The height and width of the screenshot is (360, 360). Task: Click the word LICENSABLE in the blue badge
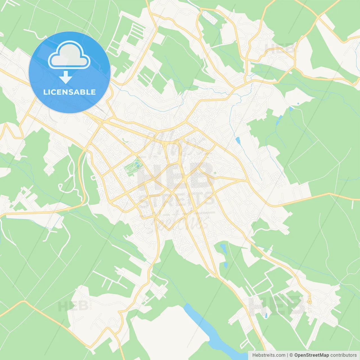click(x=69, y=92)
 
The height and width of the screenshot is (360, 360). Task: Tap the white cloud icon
click(x=69, y=55)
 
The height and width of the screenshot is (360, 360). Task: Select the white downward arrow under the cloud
click(x=66, y=77)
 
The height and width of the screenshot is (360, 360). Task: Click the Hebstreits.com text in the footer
click(x=269, y=355)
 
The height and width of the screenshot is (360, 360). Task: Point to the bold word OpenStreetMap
click(x=311, y=355)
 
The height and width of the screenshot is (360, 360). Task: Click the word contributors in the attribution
click(x=343, y=355)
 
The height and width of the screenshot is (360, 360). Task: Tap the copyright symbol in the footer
click(x=291, y=355)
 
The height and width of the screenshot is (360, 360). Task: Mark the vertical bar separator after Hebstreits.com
click(x=287, y=355)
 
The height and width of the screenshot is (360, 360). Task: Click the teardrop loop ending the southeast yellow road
click(x=309, y=301)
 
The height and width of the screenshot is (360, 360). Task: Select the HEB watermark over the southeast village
click(x=277, y=305)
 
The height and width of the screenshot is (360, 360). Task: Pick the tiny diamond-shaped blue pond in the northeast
click(x=298, y=103)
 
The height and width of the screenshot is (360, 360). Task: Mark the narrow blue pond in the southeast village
click(x=266, y=315)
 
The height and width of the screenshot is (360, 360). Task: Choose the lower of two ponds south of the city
click(x=226, y=265)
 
